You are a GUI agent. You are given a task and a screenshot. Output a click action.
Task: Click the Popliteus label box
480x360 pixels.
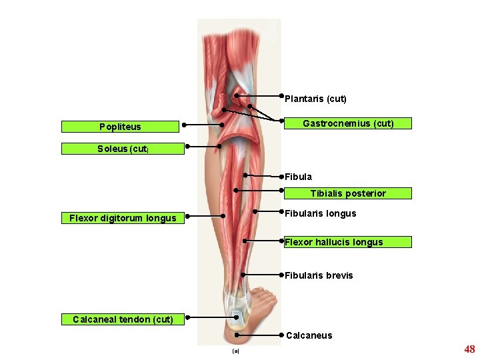120,127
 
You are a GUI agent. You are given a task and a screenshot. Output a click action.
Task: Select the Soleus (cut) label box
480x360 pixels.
122,149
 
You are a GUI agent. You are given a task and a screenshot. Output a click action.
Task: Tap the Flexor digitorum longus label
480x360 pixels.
123,217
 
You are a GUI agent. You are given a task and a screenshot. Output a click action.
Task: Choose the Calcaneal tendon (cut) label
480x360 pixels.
123,319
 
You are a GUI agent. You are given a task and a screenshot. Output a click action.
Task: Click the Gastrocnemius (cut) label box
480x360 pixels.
347,123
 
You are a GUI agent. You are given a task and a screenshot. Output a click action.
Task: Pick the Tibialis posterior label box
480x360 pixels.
347,193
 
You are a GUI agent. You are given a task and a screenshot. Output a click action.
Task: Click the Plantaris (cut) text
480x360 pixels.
315,99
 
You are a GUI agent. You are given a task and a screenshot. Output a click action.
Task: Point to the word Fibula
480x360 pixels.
298,177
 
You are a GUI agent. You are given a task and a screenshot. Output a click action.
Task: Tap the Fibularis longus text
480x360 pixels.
320,214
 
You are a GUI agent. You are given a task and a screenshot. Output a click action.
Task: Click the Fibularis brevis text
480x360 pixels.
319,275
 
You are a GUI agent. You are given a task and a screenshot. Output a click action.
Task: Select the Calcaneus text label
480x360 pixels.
309,335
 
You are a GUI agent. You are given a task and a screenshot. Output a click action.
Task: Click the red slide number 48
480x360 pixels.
469,349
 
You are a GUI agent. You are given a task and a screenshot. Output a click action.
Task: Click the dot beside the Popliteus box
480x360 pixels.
184,125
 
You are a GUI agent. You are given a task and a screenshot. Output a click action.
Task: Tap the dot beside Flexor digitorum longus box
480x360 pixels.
188,216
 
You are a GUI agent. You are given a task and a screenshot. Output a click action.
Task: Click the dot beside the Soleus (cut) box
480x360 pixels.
188,146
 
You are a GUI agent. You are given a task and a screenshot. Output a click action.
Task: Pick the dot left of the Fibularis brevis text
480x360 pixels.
282,274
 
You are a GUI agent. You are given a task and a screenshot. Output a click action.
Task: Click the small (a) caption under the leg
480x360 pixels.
235,351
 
